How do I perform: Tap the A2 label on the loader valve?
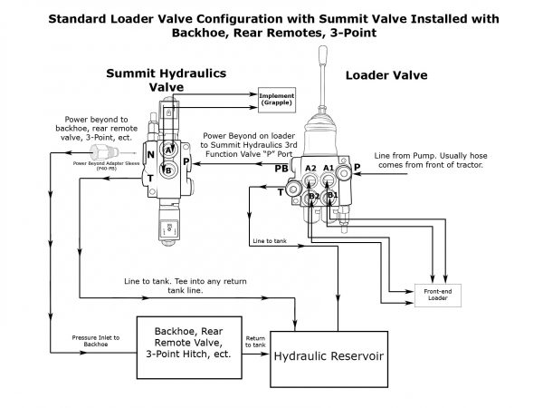point(310,170)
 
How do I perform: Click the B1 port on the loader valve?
point(331,194)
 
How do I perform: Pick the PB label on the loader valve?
point(282,170)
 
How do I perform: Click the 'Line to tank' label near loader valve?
point(270,242)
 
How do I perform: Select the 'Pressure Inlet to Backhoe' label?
point(78,341)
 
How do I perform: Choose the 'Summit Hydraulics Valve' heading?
point(166,79)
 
